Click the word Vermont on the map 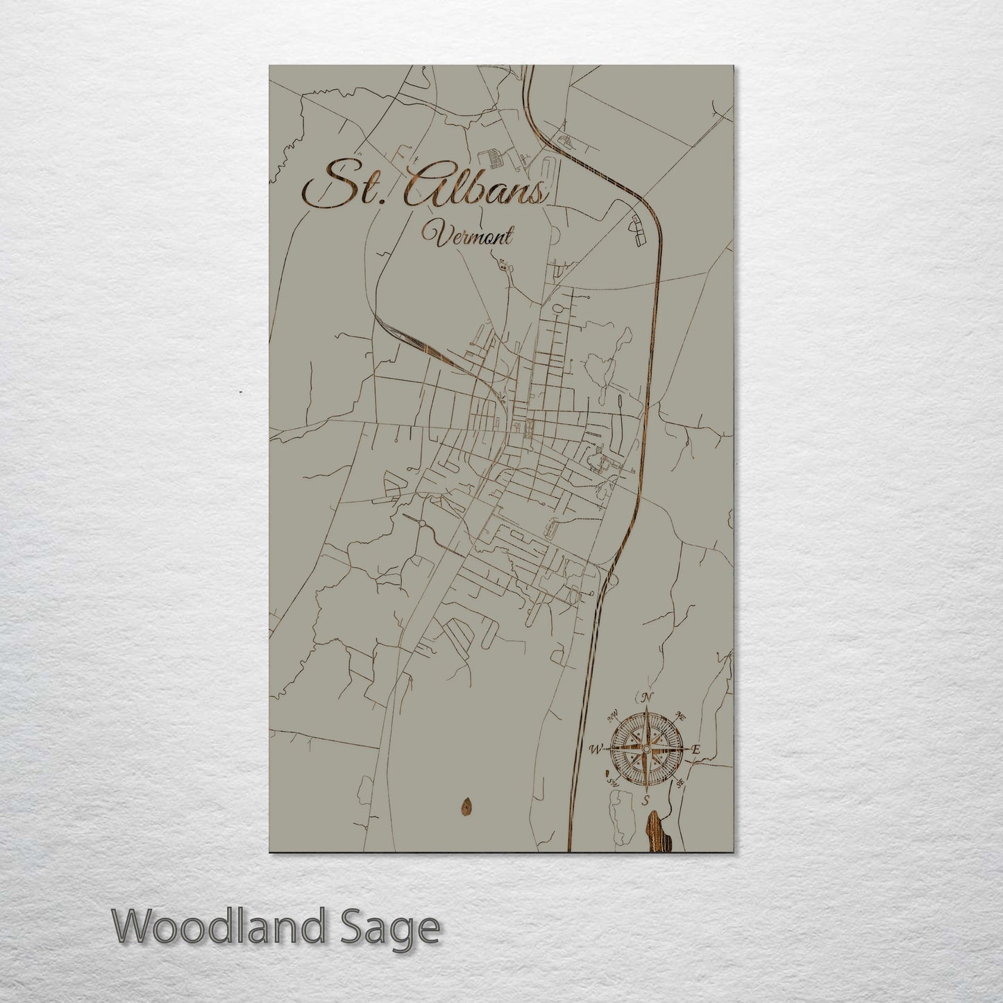[472, 237]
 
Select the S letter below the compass [646, 801]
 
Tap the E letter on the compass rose [695, 750]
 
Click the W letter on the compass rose [595, 749]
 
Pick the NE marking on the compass [681, 715]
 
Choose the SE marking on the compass [681, 784]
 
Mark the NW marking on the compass [612, 714]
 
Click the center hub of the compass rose [646, 749]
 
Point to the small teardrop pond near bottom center [464, 807]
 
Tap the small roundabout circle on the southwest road [421, 523]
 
